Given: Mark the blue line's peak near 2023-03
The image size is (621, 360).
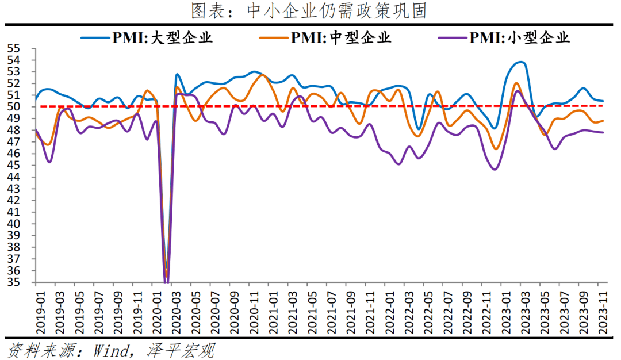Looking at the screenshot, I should click(520, 62).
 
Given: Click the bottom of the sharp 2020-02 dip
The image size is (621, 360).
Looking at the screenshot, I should click(167, 282).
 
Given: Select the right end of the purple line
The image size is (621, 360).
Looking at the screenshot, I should click(603, 133).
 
